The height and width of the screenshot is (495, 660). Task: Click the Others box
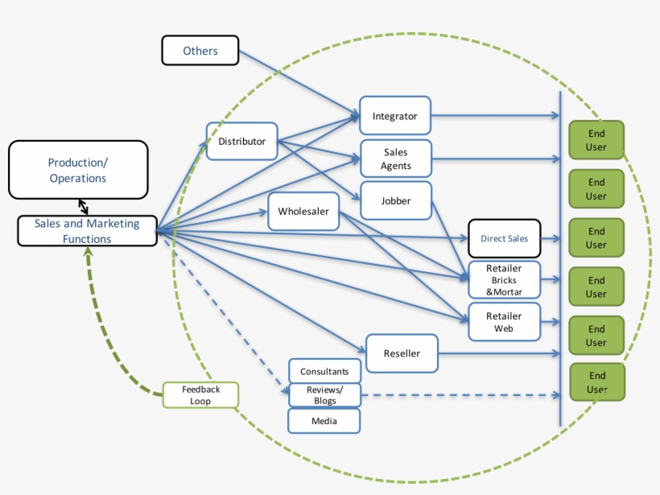tap(200, 50)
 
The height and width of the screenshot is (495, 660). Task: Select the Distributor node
tap(241, 142)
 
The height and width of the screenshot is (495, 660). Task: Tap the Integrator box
tap(394, 116)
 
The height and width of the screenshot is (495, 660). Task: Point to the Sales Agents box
tap(395, 159)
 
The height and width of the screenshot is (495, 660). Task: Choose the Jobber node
tap(395, 200)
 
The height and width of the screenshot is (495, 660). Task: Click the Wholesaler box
tap(303, 212)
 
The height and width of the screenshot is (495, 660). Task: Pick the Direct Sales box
tap(504, 238)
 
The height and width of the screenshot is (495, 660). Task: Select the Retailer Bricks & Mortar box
tap(504, 280)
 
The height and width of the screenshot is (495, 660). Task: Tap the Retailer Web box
tap(504, 322)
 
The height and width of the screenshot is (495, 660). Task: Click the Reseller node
tap(402, 353)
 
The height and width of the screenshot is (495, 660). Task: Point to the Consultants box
tap(324, 371)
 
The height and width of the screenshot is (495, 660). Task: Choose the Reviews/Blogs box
tap(324, 395)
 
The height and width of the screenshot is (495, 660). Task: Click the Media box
tap(324, 420)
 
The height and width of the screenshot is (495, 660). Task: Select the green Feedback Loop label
tap(200, 394)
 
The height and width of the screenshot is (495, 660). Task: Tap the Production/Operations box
tap(78, 170)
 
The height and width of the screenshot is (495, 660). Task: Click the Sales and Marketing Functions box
tap(87, 231)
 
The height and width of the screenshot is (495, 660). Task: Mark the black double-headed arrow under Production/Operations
tap(84, 207)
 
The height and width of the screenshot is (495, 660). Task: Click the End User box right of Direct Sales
tap(596, 238)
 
